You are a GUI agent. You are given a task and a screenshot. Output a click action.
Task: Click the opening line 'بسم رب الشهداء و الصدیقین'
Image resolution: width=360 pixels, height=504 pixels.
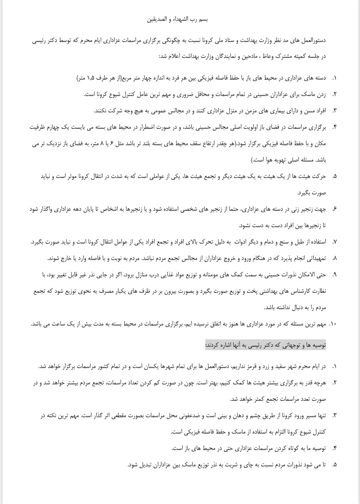pos(180,20)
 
